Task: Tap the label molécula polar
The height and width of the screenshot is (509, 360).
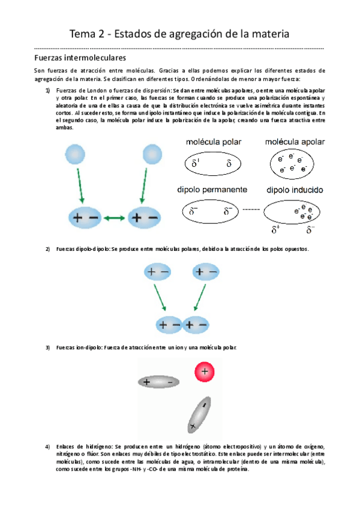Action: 211,142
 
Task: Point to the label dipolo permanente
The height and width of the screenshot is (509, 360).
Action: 212,189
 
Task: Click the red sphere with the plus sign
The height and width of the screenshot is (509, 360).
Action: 205,372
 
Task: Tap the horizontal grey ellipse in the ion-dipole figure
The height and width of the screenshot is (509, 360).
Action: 158,381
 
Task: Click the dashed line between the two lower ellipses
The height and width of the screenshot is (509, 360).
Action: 250,211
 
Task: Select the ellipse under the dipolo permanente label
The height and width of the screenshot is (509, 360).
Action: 211,211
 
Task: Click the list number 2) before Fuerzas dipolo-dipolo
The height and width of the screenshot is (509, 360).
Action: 48,249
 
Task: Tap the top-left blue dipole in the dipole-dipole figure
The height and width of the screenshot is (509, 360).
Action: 157,273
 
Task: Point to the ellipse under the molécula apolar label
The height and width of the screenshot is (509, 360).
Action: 293,163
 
